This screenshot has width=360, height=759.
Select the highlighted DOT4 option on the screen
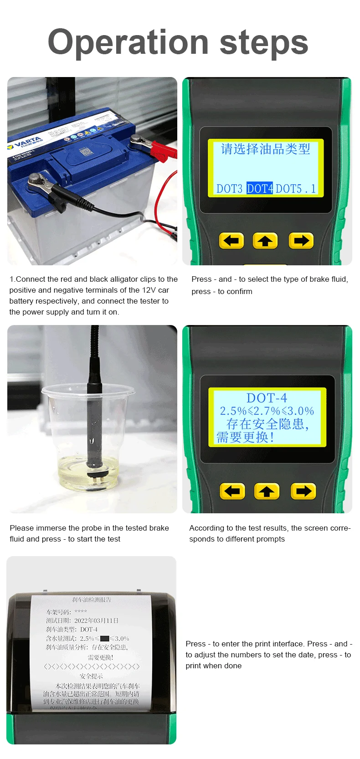tap(259, 188)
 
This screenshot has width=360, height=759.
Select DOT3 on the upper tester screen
tap(229, 188)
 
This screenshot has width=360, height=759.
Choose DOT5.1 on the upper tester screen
tap(296, 188)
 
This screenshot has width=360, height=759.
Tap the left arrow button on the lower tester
tap(232, 491)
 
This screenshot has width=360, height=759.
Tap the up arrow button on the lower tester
tap(267, 491)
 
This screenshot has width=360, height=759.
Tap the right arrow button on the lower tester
tap(303, 491)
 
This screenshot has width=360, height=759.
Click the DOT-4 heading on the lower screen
tap(267, 398)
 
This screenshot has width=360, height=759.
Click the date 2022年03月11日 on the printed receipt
tap(96, 620)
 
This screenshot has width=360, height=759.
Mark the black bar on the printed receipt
tap(104, 639)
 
